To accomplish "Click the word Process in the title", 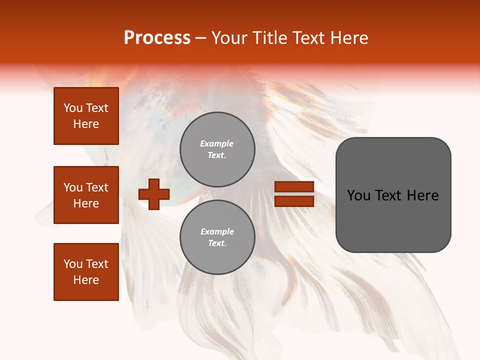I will coord(157,37).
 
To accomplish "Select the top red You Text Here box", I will coord(86,116).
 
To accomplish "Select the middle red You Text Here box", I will coord(86,195).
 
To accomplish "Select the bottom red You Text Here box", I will coord(86,271).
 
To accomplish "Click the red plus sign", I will coord(154,194).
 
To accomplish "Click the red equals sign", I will coord(294,194).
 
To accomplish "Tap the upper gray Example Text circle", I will coord(217,149).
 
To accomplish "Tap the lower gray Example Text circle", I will coord(217,237).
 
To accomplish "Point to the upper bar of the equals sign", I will coord(294,187).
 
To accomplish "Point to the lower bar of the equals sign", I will coord(294,201).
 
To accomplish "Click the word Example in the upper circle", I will coord(217,143).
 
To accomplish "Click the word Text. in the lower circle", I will coord(217,243).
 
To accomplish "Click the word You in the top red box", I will coord(73,108).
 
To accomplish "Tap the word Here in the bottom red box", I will coord(86,280).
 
